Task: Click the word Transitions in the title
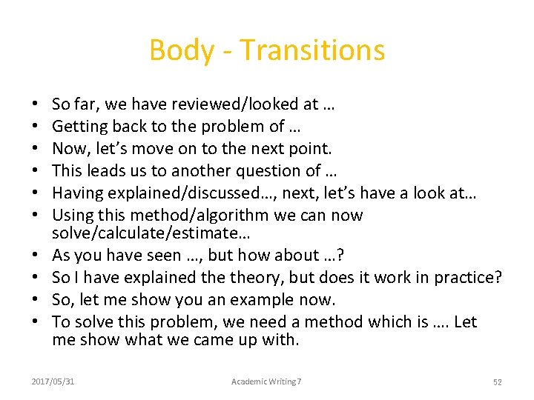tap(313, 50)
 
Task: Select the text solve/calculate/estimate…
tap(151, 233)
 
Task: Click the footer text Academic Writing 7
tap(266, 381)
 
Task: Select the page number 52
tap(498, 381)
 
